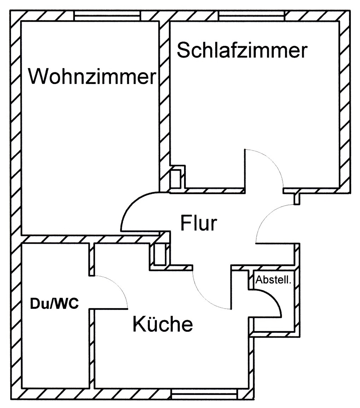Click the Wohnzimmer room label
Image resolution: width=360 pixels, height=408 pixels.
point(92,76)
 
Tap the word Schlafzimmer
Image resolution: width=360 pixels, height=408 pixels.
point(242,51)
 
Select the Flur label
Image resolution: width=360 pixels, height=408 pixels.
point(198,223)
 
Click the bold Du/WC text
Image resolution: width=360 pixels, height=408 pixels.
point(54,304)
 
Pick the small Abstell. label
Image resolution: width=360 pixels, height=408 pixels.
point(274,280)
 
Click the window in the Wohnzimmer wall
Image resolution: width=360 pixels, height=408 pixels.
point(107,16)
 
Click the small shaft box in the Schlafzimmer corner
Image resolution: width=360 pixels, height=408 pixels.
point(177,177)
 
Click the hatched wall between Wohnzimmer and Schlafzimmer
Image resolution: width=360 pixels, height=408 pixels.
point(165,102)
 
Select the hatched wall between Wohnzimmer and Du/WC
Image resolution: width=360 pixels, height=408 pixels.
point(88,239)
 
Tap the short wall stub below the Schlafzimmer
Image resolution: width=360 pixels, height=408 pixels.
point(297,198)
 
